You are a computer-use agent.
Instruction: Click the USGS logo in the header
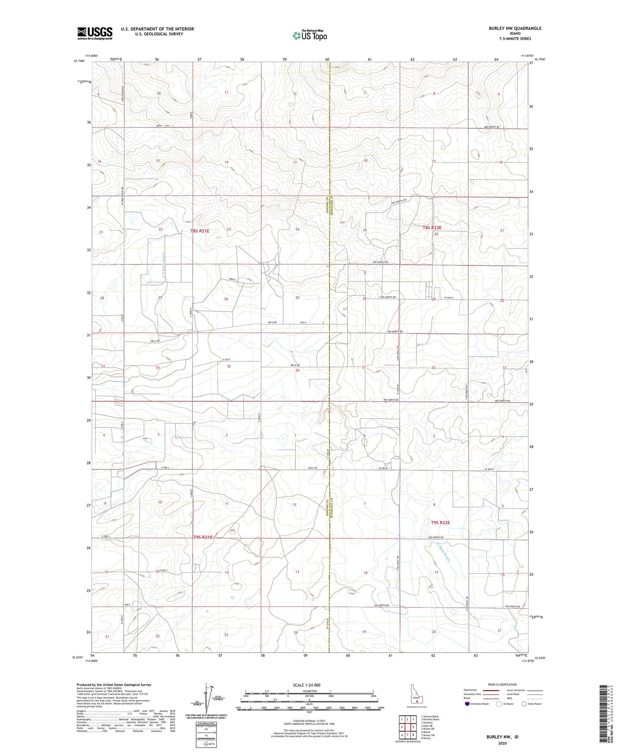point(95,33)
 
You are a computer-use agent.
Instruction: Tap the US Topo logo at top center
point(310,35)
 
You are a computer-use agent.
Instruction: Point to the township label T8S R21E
point(200,231)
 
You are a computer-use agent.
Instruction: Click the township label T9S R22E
point(441,522)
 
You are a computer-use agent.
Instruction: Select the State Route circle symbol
point(524,704)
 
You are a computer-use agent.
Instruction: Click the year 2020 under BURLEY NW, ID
point(502,743)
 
